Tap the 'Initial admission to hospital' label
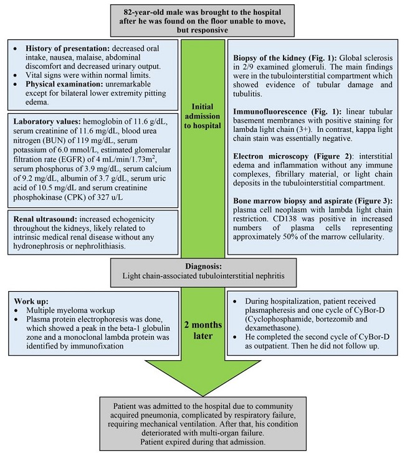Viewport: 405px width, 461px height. [x=202, y=116]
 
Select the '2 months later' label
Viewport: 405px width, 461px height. [x=203, y=330]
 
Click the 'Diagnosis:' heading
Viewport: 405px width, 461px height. [x=203, y=266]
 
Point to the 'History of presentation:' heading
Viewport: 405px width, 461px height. [x=67, y=49]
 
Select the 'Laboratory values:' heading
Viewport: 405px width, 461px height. [x=47, y=121]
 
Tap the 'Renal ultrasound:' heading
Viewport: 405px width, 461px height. [x=45, y=219]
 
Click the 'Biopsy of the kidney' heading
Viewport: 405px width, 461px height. [x=269, y=58]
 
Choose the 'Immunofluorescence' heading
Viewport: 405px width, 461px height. [x=270, y=111]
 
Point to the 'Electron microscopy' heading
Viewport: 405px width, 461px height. [x=270, y=156]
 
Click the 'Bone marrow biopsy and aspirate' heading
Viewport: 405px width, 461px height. [x=293, y=201]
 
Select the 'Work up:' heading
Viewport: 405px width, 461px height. [x=31, y=301]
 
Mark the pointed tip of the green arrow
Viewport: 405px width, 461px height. [x=203, y=396]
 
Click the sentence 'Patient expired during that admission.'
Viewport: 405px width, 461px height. [x=202, y=442]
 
